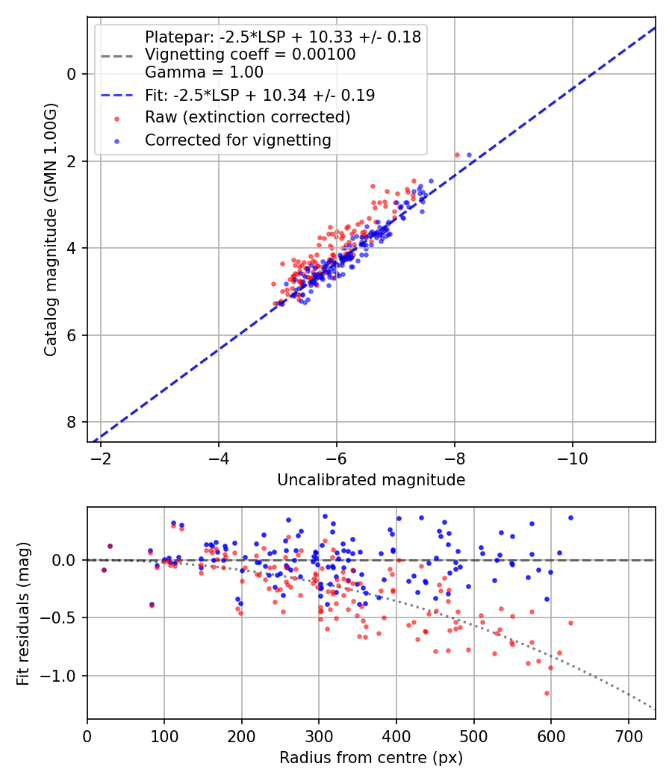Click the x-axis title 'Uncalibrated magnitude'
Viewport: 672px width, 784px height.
tap(371, 480)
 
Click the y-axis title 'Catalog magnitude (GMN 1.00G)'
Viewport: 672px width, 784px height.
tap(50, 229)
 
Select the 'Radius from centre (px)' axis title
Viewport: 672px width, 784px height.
tap(371, 758)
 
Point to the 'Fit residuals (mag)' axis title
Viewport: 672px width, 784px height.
tap(23, 613)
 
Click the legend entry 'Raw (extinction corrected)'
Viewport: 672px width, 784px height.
tap(247, 117)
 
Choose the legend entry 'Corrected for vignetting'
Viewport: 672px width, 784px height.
tap(237, 140)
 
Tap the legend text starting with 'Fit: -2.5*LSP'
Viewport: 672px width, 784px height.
tap(260, 95)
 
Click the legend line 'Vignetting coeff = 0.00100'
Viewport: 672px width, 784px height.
tap(250, 55)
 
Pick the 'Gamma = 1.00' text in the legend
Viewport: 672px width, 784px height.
tap(204, 72)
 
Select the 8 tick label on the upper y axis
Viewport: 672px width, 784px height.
tap(72, 423)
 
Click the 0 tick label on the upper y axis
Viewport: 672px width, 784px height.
tap(72, 74)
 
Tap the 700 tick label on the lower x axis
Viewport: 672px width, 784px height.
tap(628, 735)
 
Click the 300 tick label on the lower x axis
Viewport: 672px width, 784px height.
tap(319, 735)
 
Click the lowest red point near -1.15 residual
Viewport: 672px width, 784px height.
tap(547, 693)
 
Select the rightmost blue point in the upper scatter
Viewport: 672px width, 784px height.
tap(469, 155)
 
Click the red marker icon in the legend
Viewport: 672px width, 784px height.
tap(116, 117)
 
